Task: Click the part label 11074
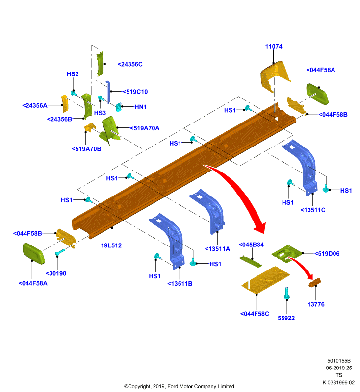tap(274, 46)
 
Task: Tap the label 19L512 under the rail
tap(111, 245)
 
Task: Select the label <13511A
tap(217, 249)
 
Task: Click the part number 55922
tap(286, 318)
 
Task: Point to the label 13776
tap(316, 304)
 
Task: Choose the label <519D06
tap(327, 254)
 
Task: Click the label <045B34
tap(251, 245)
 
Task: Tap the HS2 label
tap(73, 74)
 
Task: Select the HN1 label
tap(141, 107)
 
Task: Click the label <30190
tap(56, 273)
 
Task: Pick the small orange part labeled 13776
tap(315, 283)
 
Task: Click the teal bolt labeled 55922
tap(287, 293)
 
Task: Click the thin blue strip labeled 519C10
tap(108, 92)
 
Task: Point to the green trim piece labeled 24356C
tap(100, 64)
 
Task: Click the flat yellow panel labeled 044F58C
tap(266, 279)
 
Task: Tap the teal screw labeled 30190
tap(60, 252)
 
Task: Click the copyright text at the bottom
tap(179, 386)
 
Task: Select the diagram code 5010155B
tap(339, 361)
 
